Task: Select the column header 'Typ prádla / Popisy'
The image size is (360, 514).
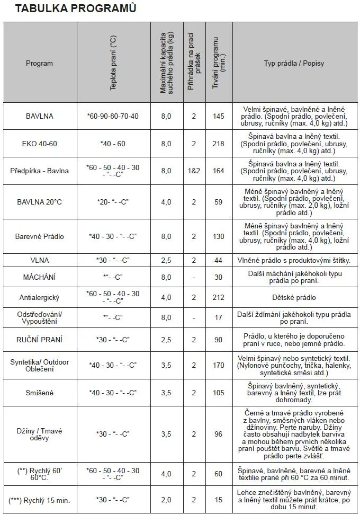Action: pyautogui.click(x=294, y=63)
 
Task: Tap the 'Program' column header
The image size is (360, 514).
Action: pyautogui.click(x=40, y=63)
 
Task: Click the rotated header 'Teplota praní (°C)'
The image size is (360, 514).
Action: pyautogui.click(x=113, y=63)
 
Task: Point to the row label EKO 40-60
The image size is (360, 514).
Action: pyautogui.click(x=40, y=144)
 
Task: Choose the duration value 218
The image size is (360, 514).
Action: pyautogui.click(x=218, y=144)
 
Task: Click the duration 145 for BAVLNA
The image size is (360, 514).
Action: pyautogui.click(x=218, y=116)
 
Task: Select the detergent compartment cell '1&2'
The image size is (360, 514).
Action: pyautogui.click(x=194, y=171)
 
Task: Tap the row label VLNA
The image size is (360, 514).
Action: pyautogui.click(x=40, y=260)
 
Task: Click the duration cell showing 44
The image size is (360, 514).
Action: pyautogui.click(x=218, y=260)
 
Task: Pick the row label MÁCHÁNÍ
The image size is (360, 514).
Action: pyautogui.click(x=40, y=277)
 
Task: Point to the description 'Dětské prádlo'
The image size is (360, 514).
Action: pyautogui.click(x=294, y=297)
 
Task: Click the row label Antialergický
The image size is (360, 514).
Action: pyautogui.click(x=40, y=297)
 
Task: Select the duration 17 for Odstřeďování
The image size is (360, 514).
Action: pyautogui.click(x=218, y=317)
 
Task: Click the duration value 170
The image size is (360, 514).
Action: pyautogui.click(x=218, y=365)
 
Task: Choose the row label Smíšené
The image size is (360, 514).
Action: pyautogui.click(x=40, y=393)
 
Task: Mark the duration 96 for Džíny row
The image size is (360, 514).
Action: pyautogui.click(x=218, y=434)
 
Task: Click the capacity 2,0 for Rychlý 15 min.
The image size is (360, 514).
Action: pyautogui.click(x=166, y=500)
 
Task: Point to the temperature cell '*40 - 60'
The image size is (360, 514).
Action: pyautogui.click(x=113, y=144)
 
